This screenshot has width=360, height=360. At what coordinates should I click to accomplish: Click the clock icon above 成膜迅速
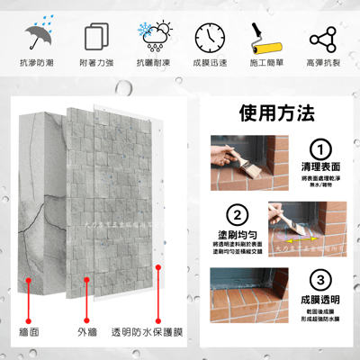click(209, 37)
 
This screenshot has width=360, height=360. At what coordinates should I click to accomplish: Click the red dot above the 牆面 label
click(30, 281)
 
